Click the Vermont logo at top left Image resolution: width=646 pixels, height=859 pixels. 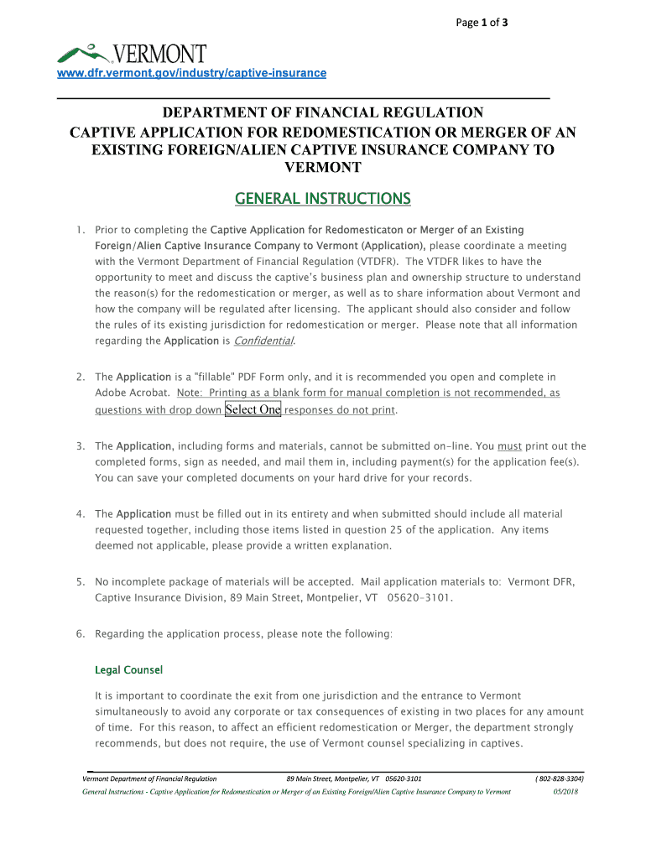[x=132, y=55]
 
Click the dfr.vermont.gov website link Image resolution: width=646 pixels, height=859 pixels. [x=191, y=73]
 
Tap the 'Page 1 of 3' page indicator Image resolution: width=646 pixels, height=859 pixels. [x=482, y=23]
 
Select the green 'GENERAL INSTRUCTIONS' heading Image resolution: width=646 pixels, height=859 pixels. [x=323, y=199]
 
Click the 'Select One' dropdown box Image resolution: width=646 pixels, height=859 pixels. [x=253, y=409]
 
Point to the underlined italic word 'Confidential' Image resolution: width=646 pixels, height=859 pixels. [x=263, y=341]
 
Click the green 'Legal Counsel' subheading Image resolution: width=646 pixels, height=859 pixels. [x=128, y=670]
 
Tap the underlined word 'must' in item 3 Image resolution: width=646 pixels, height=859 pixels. [x=509, y=446]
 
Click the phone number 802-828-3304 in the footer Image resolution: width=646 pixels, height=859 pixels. [x=560, y=778]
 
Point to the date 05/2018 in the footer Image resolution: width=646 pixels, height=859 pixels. [x=565, y=792]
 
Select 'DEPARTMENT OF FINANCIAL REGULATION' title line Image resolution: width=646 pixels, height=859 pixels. [x=323, y=112]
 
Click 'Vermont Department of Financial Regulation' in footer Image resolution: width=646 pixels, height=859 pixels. [x=149, y=778]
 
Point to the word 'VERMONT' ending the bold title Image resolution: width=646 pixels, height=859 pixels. [x=323, y=167]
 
